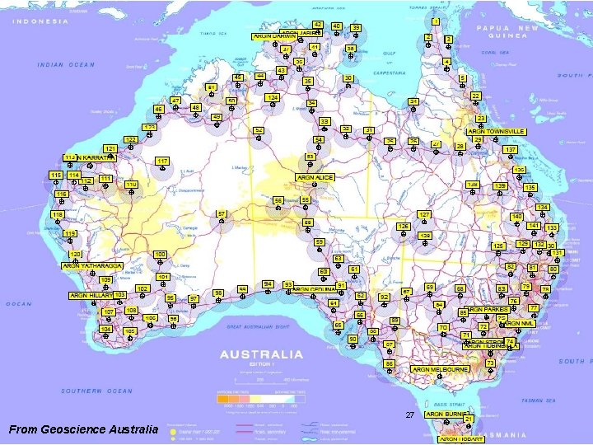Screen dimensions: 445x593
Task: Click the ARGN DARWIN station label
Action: click(273, 36)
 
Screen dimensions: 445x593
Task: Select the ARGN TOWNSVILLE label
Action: click(497, 131)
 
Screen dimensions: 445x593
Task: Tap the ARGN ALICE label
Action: click(314, 177)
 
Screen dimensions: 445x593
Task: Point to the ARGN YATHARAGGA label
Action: click(92, 266)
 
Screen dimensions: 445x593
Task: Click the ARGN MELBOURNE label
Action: click(440, 370)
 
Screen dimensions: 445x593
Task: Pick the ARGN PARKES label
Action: click(488, 310)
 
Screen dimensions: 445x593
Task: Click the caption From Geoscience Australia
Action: click(82, 429)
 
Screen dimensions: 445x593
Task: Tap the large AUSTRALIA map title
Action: click(261, 355)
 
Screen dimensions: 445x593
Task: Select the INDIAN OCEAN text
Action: click(67, 64)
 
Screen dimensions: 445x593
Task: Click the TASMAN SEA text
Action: click(538, 400)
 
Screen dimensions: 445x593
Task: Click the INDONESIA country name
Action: click(40, 21)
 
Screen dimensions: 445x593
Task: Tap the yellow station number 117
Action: click(162, 161)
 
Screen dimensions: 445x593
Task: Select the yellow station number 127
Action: click(424, 214)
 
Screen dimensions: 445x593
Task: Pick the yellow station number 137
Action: click(511, 150)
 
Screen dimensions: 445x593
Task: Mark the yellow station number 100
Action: click(160, 254)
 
